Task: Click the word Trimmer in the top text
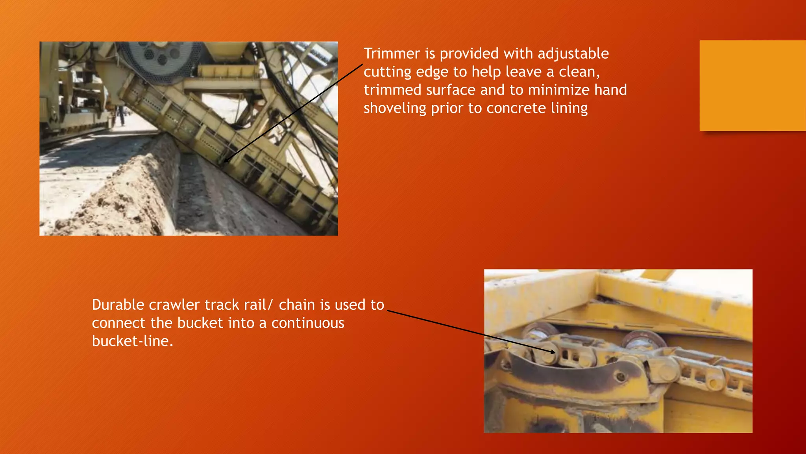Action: (392, 54)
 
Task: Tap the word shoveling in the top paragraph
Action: (395, 108)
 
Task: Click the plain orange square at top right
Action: (752, 86)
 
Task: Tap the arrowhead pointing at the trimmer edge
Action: (226, 160)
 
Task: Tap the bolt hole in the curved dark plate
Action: (621, 376)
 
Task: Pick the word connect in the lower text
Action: (118, 323)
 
